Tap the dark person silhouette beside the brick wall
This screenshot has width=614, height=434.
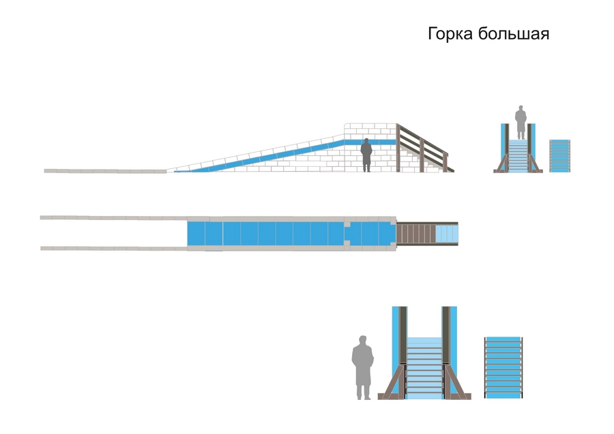(366, 155)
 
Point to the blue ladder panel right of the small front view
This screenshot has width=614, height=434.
(559, 156)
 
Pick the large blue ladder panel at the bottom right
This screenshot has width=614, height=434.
(503, 367)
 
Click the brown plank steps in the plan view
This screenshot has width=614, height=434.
(415, 234)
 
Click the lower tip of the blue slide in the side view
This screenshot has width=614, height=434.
(179, 171)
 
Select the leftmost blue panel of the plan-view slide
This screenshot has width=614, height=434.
(196, 233)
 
